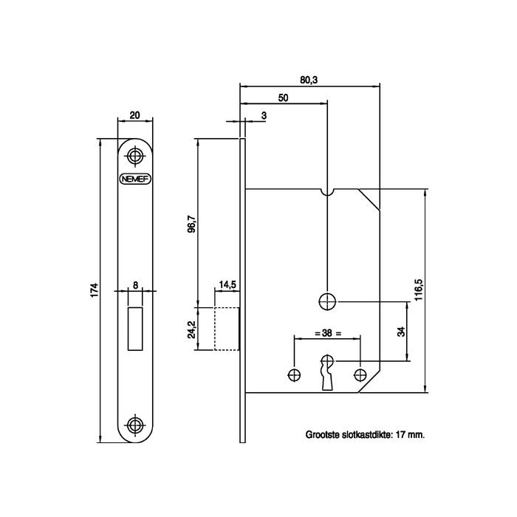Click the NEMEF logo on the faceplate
pos(135,179)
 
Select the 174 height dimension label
pos(95,290)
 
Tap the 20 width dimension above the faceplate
pos(135,115)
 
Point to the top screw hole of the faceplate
pos(135,156)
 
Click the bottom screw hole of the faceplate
pos(135,425)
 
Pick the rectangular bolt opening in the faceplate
pos(135,329)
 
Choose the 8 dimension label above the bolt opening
pos(135,285)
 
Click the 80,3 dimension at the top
pos(309,80)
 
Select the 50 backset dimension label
pos(283,98)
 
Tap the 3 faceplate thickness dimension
pos(264,116)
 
